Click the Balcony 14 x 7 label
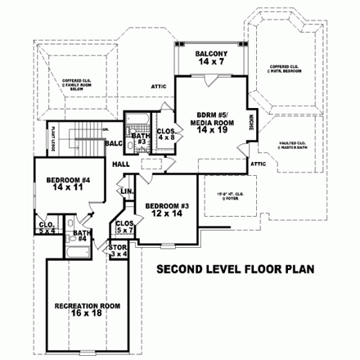tap(210, 58)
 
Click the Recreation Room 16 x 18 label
tap(88, 309)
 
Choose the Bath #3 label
tap(140, 138)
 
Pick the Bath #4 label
tap(79, 236)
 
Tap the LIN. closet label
tap(128, 191)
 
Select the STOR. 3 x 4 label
tap(119, 251)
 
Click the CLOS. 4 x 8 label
tap(166, 133)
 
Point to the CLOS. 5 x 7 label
tap(125, 226)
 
